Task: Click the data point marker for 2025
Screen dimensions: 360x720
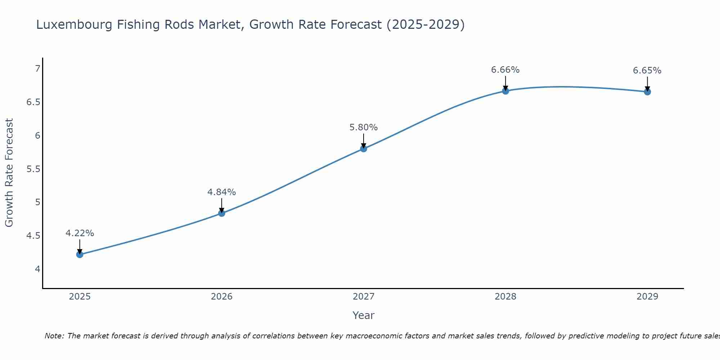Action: pyautogui.click(x=80, y=255)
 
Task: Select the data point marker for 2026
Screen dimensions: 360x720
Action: pyautogui.click(x=222, y=213)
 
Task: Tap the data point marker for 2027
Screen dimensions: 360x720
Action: pyautogui.click(x=364, y=148)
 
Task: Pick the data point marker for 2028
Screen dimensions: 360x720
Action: pyautogui.click(x=505, y=91)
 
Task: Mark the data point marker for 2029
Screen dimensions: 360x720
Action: pyautogui.click(x=647, y=91)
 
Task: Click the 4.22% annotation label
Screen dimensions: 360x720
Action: pyautogui.click(x=80, y=233)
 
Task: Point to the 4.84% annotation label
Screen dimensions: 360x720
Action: pyautogui.click(x=222, y=192)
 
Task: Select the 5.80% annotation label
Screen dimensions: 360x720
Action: pyautogui.click(x=364, y=127)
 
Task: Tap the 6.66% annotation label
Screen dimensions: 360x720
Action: pyautogui.click(x=505, y=70)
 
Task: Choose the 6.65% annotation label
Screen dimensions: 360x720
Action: pyautogui.click(x=647, y=71)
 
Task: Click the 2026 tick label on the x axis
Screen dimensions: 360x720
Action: pyautogui.click(x=222, y=297)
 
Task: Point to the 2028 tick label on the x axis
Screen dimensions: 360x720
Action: pyautogui.click(x=505, y=297)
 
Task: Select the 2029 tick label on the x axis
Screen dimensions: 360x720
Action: pyautogui.click(x=647, y=297)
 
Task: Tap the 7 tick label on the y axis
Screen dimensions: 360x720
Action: pyautogui.click(x=37, y=68)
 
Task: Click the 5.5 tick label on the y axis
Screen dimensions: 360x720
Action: pyautogui.click(x=33, y=169)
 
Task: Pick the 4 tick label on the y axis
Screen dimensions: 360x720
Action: pyautogui.click(x=37, y=269)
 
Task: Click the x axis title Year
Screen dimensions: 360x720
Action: pyautogui.click(x=364, y=315)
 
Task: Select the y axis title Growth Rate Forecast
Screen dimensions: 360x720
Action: pyautogui.click(x=9, y=172)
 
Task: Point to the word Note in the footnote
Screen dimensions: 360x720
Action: pyautogui.click(x=54, y=336)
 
